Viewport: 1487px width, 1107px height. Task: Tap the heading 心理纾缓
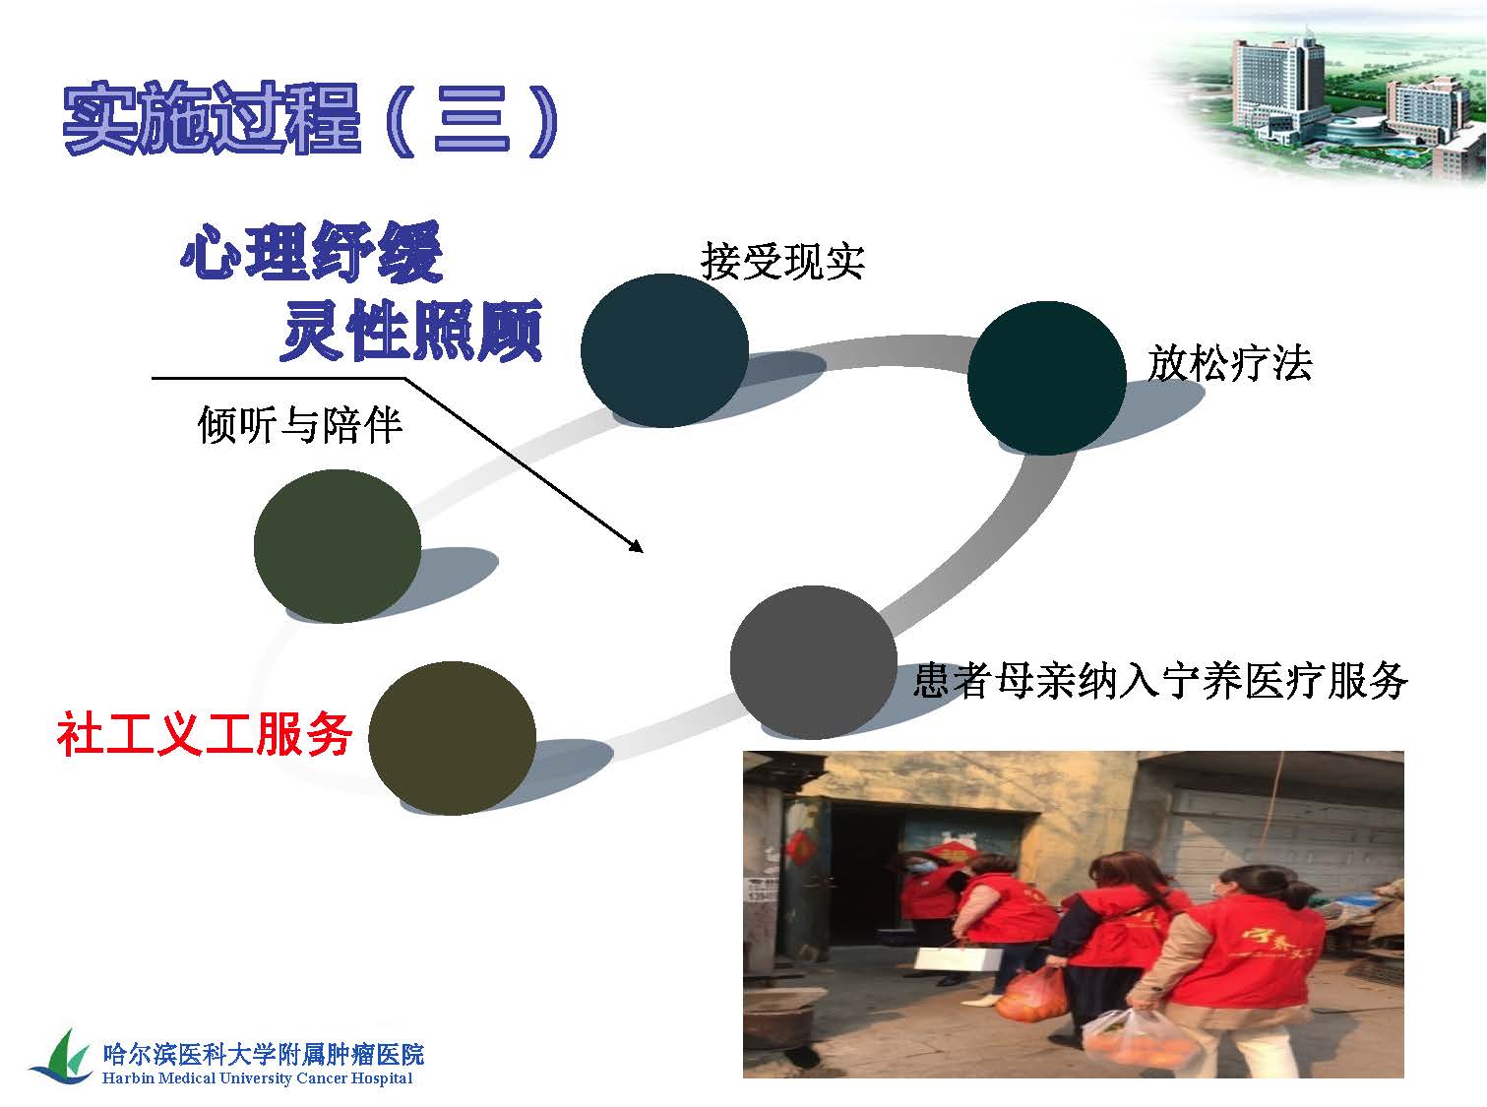pos(312,253)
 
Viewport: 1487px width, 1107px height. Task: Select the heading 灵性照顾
pos(411,330)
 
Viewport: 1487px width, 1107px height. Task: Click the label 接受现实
pos(782,261)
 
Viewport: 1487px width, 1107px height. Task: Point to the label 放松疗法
pos(1229,363)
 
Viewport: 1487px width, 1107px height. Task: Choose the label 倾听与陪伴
pos(300,424)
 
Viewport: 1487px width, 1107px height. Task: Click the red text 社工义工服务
pos(205,735)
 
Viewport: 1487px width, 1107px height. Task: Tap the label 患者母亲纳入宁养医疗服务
pos(1160,681)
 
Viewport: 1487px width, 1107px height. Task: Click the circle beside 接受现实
pos(664,350)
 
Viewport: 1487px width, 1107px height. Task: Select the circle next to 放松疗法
pos(1046,378)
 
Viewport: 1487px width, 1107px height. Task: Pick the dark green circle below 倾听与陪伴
pos(338,546)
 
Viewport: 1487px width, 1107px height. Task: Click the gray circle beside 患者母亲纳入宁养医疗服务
pos(813,662)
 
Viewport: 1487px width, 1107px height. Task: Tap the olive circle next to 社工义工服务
pos(453,738)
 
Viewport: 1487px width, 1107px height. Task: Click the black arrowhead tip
pos(643,552)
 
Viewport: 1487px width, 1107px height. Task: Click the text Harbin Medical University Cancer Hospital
pos(258,1078)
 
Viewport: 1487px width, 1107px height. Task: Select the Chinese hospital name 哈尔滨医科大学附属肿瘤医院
pos(264,1054)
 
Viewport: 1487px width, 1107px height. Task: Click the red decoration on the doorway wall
pos(798,847)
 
